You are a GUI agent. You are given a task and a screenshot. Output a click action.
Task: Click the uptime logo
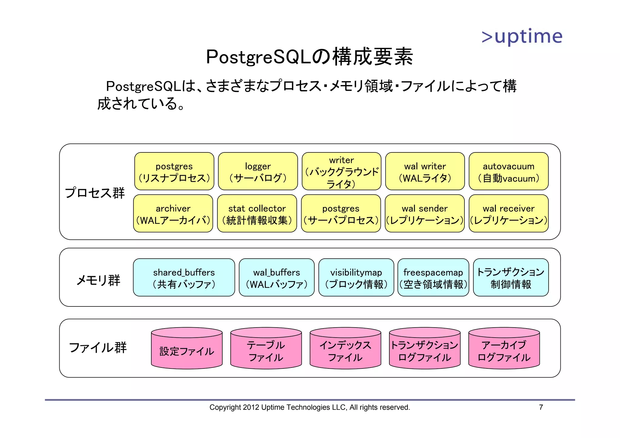(x=522, y=37)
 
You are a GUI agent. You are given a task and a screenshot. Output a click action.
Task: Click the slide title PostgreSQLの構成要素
(x=309, y=57)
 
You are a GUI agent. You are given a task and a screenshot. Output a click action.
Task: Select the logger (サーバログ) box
(x=258, y=172)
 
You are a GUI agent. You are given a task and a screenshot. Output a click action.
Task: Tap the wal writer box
(x=425, y=172)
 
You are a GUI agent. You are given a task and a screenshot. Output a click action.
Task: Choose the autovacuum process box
(x=509, y=172)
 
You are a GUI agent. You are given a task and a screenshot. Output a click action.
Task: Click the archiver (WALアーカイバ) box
(x=173, y=214)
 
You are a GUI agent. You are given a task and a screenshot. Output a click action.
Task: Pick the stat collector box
(x=257, y=214)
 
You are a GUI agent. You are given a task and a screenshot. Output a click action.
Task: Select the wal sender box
(x=425, y=214)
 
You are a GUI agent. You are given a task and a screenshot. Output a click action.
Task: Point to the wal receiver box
(x=509, y=214)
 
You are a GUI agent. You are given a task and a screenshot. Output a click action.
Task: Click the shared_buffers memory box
(x=184, y=278)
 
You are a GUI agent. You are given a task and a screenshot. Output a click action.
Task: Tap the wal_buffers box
(x=277, y=278)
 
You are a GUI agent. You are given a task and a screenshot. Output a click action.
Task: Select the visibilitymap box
(x=356, y=278)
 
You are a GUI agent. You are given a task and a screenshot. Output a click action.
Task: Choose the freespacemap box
(x=433, y=278)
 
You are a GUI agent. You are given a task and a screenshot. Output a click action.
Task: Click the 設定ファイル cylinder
(x=187, y=351)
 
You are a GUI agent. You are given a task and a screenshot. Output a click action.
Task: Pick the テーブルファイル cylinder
(x=266, y=351)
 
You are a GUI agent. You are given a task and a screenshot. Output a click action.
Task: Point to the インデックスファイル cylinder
(x=345, y=351)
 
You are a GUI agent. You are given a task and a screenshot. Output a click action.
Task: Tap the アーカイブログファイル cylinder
(x=504, y=351)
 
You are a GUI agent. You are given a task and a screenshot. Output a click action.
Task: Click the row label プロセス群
(x=95, y=193)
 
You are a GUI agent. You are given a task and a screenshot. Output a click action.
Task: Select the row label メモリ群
(x=98, y=280)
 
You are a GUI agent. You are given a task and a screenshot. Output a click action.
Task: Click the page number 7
(x=541, y=407)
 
